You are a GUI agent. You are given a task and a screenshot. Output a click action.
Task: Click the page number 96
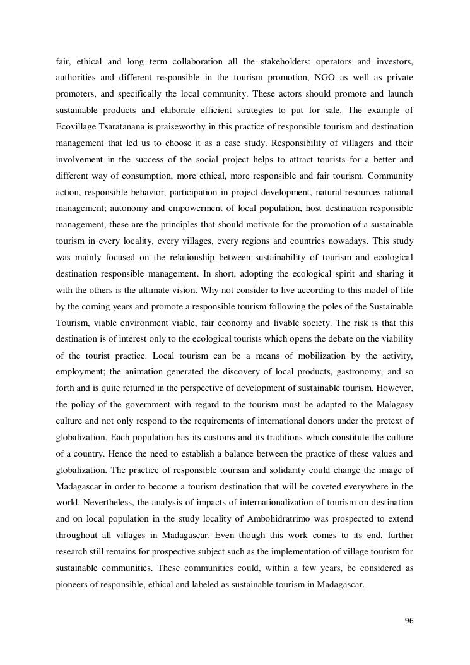[x=409, y=621]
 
